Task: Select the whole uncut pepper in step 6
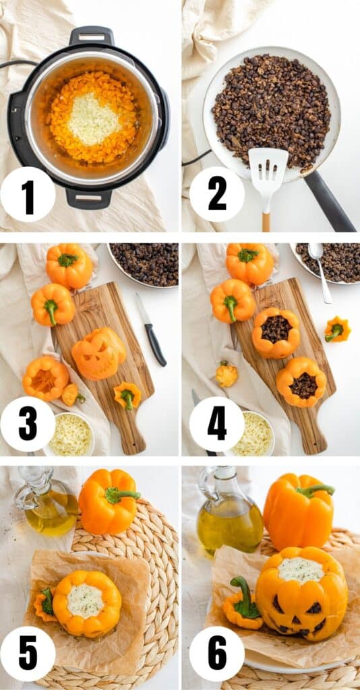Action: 298,511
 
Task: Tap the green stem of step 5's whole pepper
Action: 121,495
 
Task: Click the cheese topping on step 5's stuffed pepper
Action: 86,600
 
